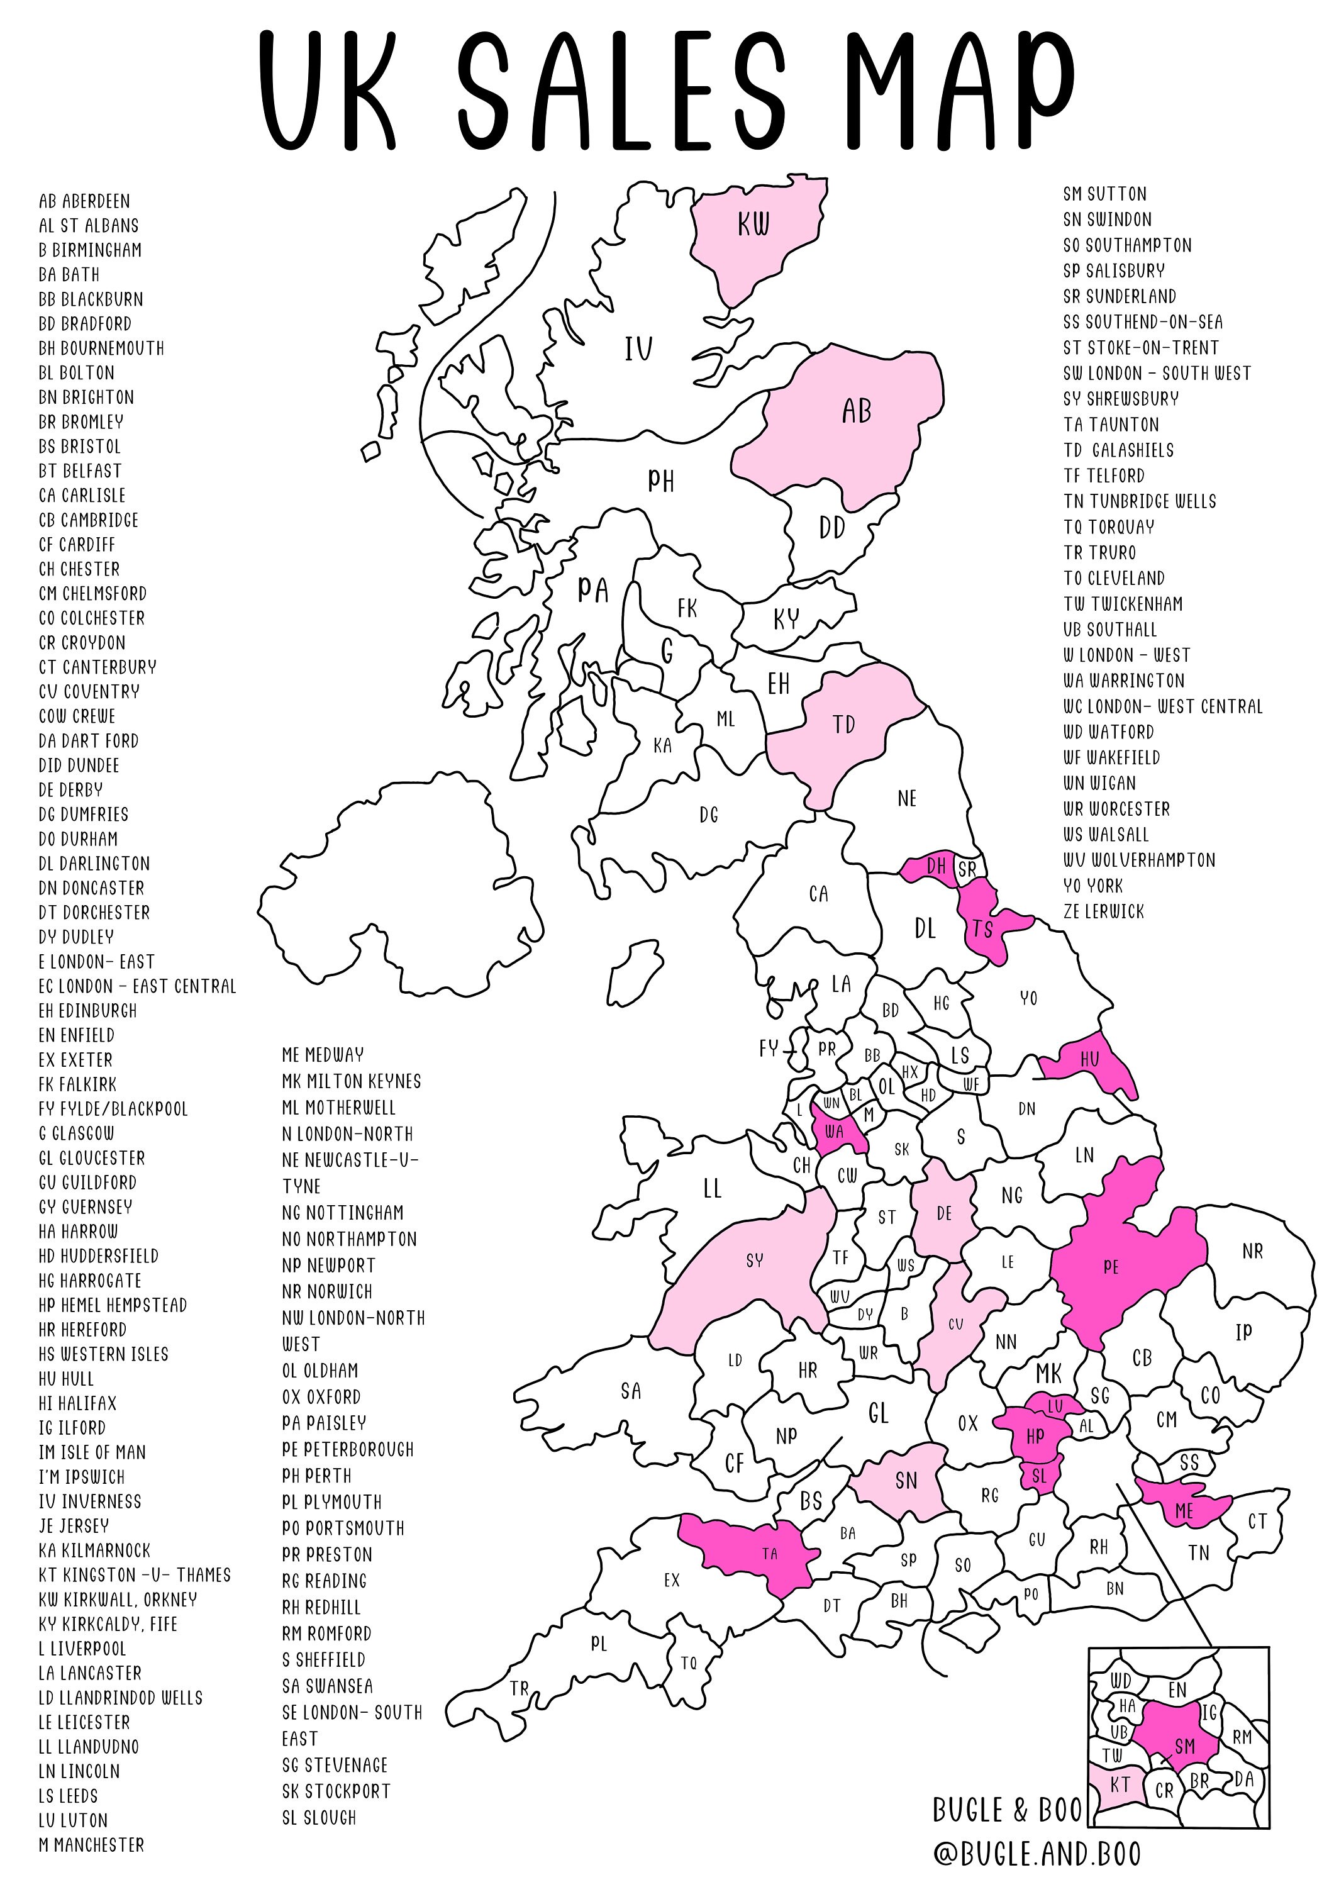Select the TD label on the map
point(844,725)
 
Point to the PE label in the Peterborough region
point(1111,1267)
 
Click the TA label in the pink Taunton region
point(769,1554)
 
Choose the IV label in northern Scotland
point(638,349)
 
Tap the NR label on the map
point(1252,1251)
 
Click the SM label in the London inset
point(1184,1745)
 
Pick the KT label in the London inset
point(1120,1784)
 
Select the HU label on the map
point(1089,1060)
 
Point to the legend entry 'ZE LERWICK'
point(1103,911)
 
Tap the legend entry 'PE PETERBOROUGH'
point(348,1449)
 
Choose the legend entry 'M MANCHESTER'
point(91,1845)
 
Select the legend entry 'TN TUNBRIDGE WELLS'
point(1139,501)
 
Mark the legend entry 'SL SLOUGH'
point(319,1817)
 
